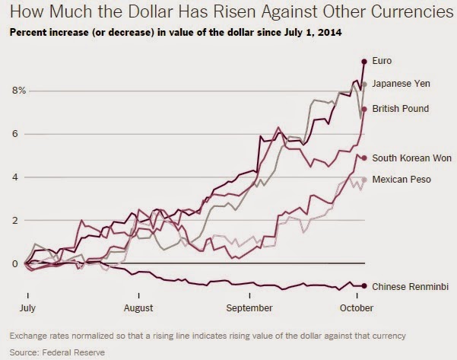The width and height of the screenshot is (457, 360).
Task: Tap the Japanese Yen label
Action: tap(404, 84)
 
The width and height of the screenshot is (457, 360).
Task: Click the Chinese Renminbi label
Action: tap(411, 286)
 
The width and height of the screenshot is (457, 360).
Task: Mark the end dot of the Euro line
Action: tap(364, 61)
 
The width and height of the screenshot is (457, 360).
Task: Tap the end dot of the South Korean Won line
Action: tap(364, 158)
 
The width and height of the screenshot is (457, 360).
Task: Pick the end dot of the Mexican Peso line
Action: tap(364, 180)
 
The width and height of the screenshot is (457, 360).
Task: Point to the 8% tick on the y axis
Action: tap(18, 91)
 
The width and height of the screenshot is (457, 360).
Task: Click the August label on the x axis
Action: tap(138, 308)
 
